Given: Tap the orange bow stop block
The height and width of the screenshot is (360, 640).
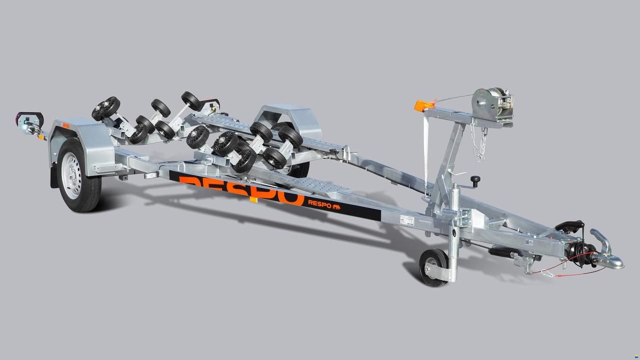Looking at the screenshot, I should click(422, 105).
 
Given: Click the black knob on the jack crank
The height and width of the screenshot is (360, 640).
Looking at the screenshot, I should click(474, 179).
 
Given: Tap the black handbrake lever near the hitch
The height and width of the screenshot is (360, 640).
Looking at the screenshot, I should click(569, 225).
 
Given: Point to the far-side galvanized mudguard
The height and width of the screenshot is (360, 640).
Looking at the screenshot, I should click(287, 116).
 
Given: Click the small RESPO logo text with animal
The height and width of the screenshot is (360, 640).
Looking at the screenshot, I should click(324, 203).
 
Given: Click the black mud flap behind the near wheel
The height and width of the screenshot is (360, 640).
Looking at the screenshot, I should click(53, 177).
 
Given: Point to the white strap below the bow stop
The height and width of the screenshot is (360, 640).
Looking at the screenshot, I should click(426, 150).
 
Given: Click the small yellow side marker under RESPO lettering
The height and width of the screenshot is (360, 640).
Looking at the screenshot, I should click(253, 200).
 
